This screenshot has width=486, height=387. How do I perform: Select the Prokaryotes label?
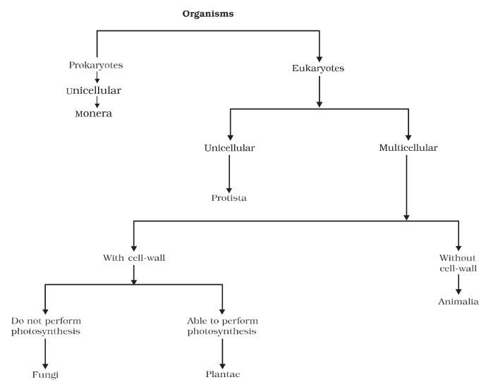[96, 65]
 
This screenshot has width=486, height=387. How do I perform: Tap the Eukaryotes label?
[320, 68]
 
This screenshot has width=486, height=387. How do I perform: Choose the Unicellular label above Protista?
[229, 148]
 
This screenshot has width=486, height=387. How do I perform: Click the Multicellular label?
[408, 148]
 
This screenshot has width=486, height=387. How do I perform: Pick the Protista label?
[229, 197]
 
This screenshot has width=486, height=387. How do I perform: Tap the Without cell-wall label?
[458, 262]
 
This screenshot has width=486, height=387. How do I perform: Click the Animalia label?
[458, 302]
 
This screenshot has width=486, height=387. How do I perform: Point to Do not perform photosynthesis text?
[44, 326]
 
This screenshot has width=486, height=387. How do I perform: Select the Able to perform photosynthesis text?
[222, 326]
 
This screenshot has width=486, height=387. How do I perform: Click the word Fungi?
[44, 374]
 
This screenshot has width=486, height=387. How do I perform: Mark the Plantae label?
[222, 374]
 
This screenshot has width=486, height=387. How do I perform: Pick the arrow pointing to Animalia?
[458, 283]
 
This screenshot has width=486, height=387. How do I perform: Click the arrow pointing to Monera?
[96, 103]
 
